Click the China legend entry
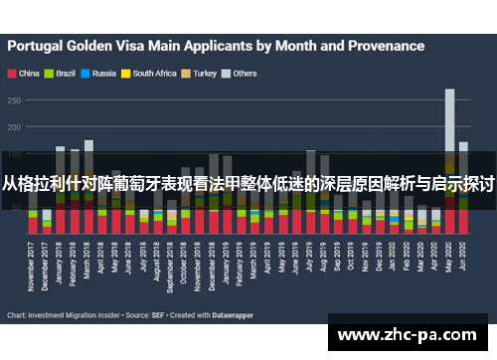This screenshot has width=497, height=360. [25, 73]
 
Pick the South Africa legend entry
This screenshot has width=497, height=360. [152, 73]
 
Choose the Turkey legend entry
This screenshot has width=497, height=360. [204, 73]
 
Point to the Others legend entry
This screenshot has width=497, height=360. [244, 73]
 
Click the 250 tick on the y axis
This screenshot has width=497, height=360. [15, 99]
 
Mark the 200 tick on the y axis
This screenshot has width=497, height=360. [15, 127]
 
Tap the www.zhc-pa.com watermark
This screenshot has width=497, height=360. [410, 335]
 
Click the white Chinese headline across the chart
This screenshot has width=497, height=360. [248, 184]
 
